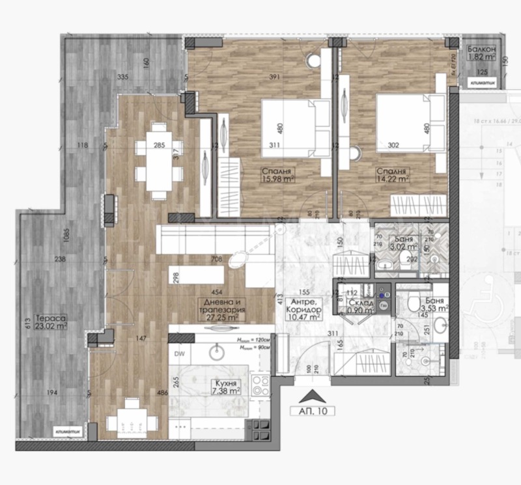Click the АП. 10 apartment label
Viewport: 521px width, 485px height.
pyautogui.click(x=313, y=411)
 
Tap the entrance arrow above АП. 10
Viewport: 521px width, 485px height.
pyautogui.click(x=313, y=394)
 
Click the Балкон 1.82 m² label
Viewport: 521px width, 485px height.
pyautogui.click(x=483, y=53)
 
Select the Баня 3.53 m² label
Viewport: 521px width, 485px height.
pyautogui.click(x=432, y=305)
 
